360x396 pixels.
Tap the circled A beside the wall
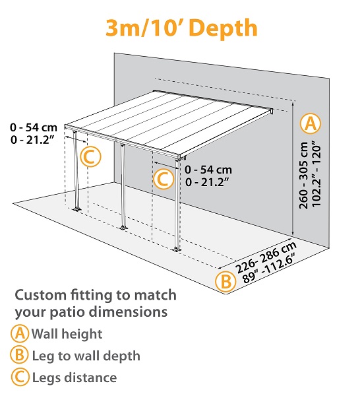coord(310,123)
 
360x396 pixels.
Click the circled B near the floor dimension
coord(224,281)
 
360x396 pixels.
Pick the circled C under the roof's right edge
coord(163,178)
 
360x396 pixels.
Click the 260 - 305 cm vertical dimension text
coord(304,175)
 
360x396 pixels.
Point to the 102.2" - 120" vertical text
coord(317,175)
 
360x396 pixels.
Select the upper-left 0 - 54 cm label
coord(33,125)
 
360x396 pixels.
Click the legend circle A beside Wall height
coord(20,334)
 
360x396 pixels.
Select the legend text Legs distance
coord(74,378)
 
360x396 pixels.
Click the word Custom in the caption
coord(40,294)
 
